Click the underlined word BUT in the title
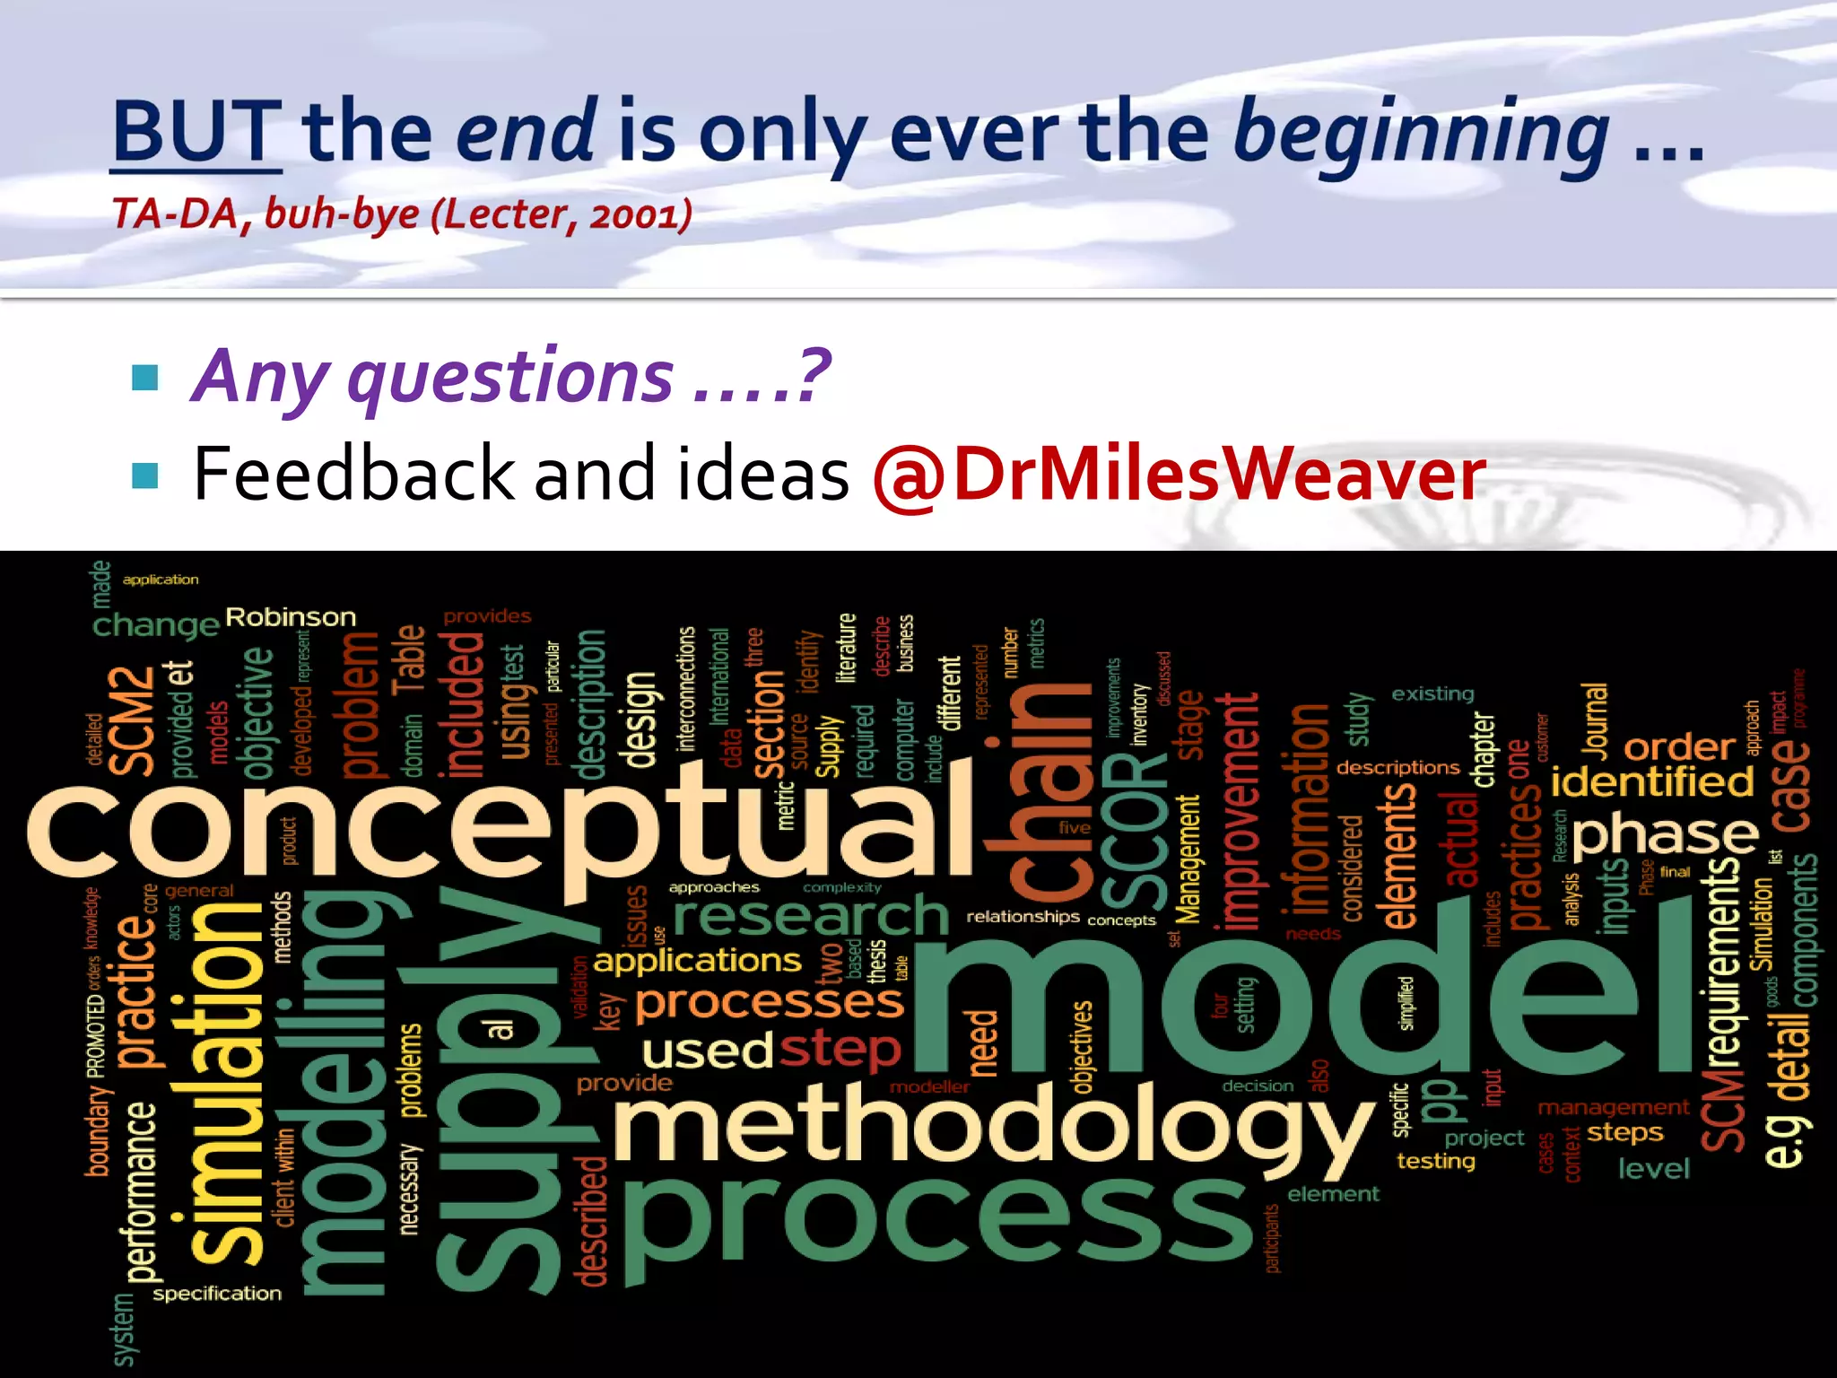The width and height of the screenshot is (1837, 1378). (x=196, y=132)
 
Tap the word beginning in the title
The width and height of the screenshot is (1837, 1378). (x=1421, y=135)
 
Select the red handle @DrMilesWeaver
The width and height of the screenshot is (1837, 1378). (x=1178, y=475)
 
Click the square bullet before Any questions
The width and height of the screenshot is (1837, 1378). (x=144, y=378)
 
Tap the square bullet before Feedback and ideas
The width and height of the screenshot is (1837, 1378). (x=144, y=475)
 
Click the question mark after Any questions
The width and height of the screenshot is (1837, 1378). (x=814, y=376)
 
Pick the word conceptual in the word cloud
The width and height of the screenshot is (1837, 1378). (x=502, y=830)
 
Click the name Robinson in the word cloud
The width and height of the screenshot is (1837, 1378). (x=291, y=617)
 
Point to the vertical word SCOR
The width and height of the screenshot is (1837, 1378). (x=1134, y=830)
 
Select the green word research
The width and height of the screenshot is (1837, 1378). (x=810, y=917)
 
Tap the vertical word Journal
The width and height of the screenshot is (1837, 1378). (x=1596, y=718)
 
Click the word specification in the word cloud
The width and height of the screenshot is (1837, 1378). (x=217, y=1294)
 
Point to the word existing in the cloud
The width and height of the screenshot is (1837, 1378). (x=1432, y=693)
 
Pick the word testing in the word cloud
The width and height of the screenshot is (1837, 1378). (x=1435, y=1161)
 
